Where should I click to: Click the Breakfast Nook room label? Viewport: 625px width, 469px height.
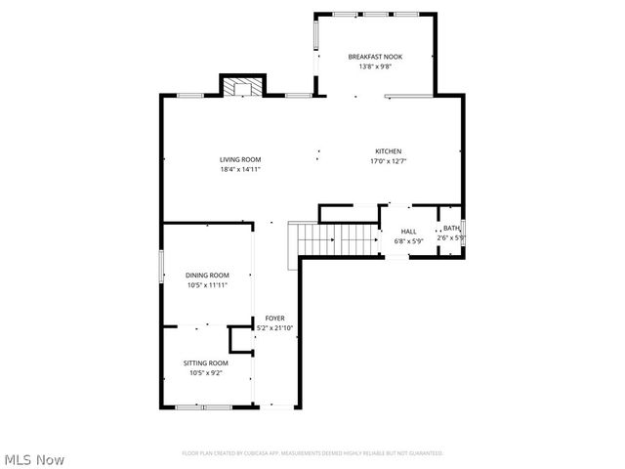click(375, 57)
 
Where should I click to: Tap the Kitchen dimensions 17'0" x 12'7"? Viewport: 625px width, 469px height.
click(389, 161)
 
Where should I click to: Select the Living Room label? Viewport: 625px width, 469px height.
click(240, 159)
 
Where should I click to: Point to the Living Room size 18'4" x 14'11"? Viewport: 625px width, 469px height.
click(240, 170)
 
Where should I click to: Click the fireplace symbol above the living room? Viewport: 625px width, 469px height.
click(240, 88)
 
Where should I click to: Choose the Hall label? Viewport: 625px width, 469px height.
click(407, 232)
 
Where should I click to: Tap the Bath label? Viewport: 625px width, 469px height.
click(451, 229)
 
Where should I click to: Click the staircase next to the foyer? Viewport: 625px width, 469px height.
click(337, 236)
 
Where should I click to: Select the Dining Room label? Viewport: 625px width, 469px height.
click(207, 276)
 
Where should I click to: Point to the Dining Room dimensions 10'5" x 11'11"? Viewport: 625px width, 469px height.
click(207, 285)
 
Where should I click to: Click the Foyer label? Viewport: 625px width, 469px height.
click(274, 319)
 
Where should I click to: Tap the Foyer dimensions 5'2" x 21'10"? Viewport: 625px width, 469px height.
click(274, 328)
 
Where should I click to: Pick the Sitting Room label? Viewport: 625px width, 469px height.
click(206, 362)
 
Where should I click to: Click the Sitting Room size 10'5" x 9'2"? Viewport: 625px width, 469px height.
click(206, 372)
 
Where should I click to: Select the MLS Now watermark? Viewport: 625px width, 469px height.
click(34, 458)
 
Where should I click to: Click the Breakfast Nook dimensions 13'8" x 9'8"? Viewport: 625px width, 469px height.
click(375, 66)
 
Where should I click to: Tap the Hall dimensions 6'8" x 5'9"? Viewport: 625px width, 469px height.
click(407, 240)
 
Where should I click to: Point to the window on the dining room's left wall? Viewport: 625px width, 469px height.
click(161, 267)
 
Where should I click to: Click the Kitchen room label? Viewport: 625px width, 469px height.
click(389, 150)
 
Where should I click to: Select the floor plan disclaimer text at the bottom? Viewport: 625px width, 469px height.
click(312, 453)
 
